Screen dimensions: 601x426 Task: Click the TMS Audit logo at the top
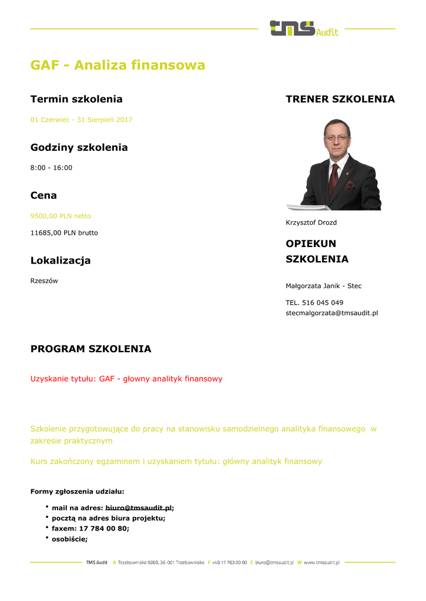click(x=303, y=28)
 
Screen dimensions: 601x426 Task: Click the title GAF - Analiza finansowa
click(x=118, y=65)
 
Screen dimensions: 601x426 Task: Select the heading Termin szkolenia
click(x=76, y=99)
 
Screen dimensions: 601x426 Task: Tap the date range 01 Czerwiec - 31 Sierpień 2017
click(x=81, y=120)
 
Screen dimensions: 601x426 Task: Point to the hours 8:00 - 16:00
click(x=51, y=168)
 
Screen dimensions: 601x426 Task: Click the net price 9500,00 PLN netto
click(x=61, y=216)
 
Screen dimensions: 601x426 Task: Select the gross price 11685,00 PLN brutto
click(x=64, y=233)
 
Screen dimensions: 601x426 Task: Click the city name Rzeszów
click(x=44, y=281)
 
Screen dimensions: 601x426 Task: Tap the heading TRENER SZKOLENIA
click(x=340, y=99)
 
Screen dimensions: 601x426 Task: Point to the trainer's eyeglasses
click(x=336, y=139)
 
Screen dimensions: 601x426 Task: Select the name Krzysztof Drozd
click(x=311, y=223)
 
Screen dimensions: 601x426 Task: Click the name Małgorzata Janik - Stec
click(x=323, y=286)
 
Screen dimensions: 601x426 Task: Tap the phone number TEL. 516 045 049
click(x=314, y=303)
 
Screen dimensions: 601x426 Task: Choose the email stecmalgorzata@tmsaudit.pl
click(x=331, y=313)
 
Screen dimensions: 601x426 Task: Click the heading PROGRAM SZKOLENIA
click(x=90, y=349)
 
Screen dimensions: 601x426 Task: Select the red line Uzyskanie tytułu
click(x=126, y=379)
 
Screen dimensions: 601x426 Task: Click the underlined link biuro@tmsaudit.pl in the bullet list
click(x=139, y=508)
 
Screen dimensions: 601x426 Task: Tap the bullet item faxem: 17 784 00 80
click(x=90, y=528)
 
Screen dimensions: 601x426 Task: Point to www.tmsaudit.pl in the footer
click(x=321, y=562)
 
